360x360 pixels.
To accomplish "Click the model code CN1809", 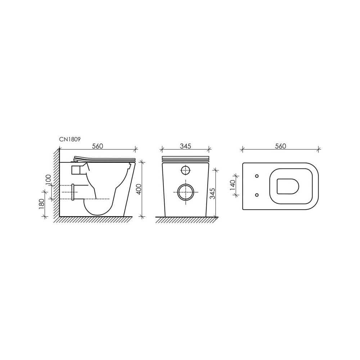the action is (x=70, y=139).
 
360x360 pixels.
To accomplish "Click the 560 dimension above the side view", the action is (x=98, y=146).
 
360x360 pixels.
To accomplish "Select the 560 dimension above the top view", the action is (x=280, y=146).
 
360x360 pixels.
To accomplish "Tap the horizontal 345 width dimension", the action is (x=185, y=146).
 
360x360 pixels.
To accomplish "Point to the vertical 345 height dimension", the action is (x=212, y=193).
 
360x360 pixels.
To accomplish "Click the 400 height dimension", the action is (x=139, y=189).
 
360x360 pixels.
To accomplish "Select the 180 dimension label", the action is (x=41, y=204).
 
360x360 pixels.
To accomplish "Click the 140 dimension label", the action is (x=232, y=185).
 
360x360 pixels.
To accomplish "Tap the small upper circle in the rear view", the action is (x=186, y=170).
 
